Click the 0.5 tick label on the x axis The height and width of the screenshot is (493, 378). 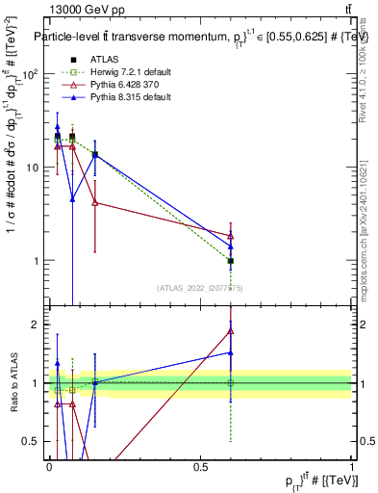[200, 467]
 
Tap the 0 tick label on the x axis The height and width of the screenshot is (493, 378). [50, 467]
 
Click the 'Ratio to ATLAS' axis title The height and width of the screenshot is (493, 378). [13, 383]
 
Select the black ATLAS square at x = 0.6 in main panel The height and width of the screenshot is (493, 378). [231, 261]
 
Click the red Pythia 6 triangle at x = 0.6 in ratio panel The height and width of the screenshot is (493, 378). [231, 331]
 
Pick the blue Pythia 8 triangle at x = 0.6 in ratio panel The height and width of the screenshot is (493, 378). [231, 352]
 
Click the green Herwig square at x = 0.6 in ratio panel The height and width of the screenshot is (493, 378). [231, 383]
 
